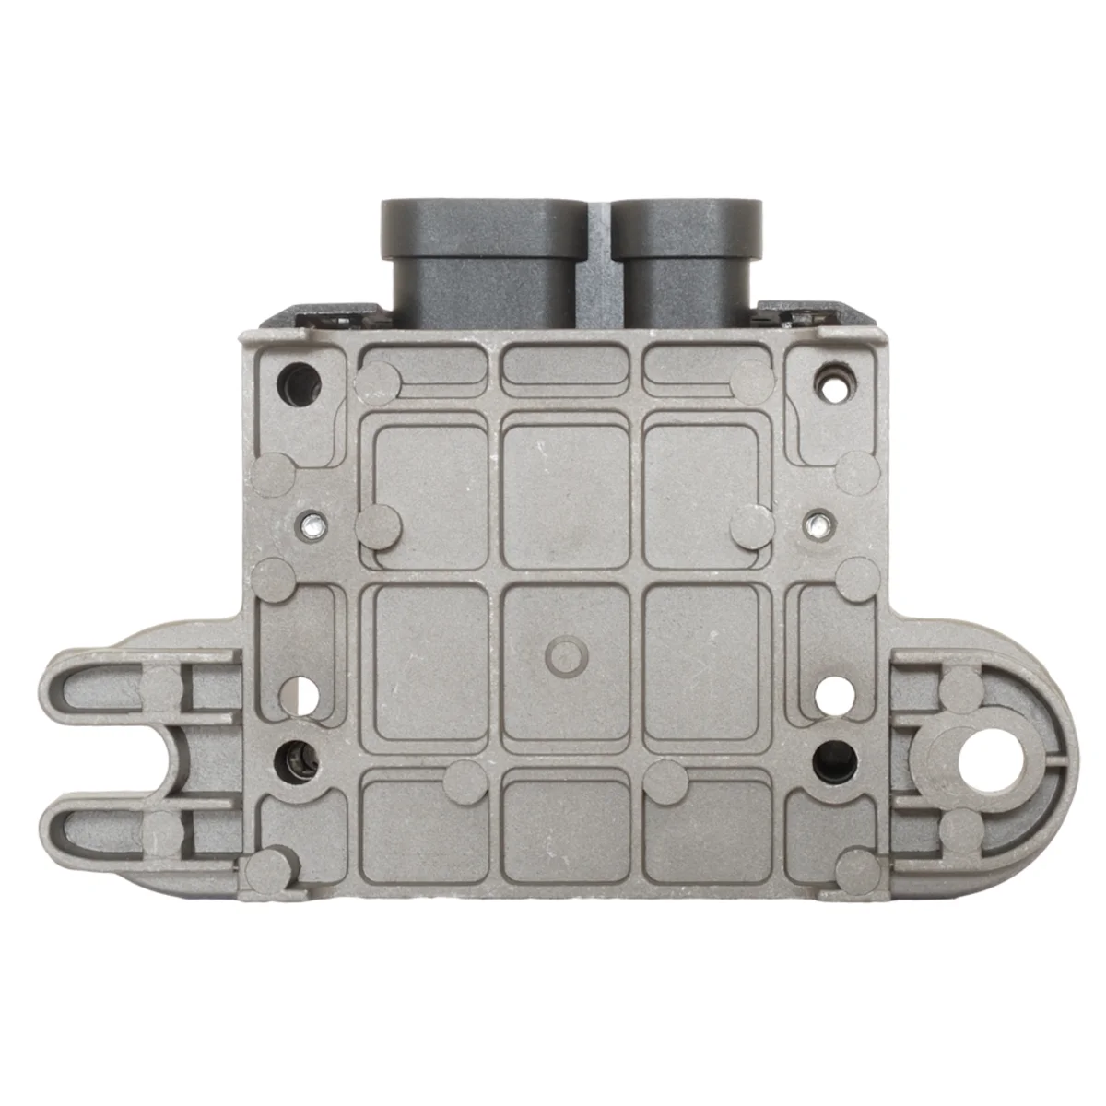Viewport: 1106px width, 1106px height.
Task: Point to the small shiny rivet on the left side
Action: (x=315, y=526)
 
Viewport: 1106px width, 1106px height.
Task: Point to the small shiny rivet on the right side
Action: (x=817, y=526)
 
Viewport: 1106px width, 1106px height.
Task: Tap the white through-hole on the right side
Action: (x=834, y=693)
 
